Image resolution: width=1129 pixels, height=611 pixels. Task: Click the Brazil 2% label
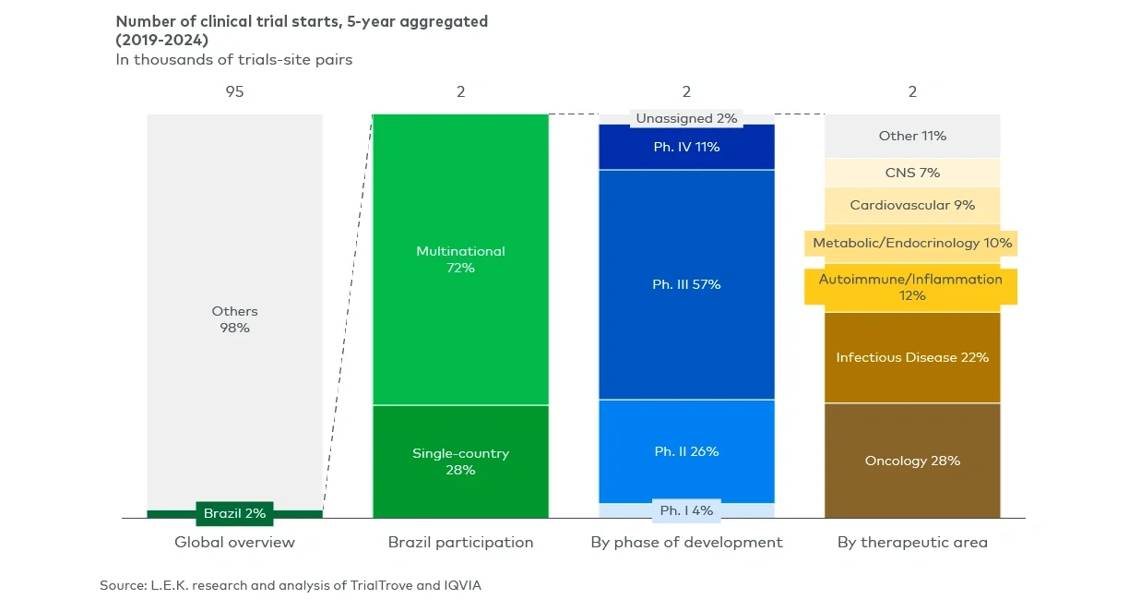coord(234,513)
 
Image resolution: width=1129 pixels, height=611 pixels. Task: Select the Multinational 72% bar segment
coord(460,259)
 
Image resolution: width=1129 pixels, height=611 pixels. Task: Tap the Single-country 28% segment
coord(460,461)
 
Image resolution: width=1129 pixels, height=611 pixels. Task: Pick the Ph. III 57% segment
coord(686,284)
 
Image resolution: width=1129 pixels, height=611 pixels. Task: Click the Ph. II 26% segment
coord(686,451)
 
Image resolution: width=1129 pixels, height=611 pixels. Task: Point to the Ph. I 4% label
coord(686,510)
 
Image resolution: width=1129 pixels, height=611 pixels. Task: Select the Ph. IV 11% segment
coord(686,147)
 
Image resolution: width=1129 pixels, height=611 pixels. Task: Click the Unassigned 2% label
coord(686,118)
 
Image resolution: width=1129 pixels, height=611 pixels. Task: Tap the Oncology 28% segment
coord(912,461)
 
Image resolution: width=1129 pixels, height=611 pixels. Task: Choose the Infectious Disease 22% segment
coord(912,357)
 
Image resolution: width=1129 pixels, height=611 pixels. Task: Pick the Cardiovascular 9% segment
coord(912,205)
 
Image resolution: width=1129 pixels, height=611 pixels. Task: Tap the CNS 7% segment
coord(912,173)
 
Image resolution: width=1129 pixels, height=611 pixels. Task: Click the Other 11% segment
coord(912,136)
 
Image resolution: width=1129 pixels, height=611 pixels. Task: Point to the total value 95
coord(234,91)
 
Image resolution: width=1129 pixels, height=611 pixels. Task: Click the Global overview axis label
coord(234,543)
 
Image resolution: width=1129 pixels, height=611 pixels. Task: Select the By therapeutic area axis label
coord(912,543)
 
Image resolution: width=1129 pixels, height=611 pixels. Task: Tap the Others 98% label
coord(234,319)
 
